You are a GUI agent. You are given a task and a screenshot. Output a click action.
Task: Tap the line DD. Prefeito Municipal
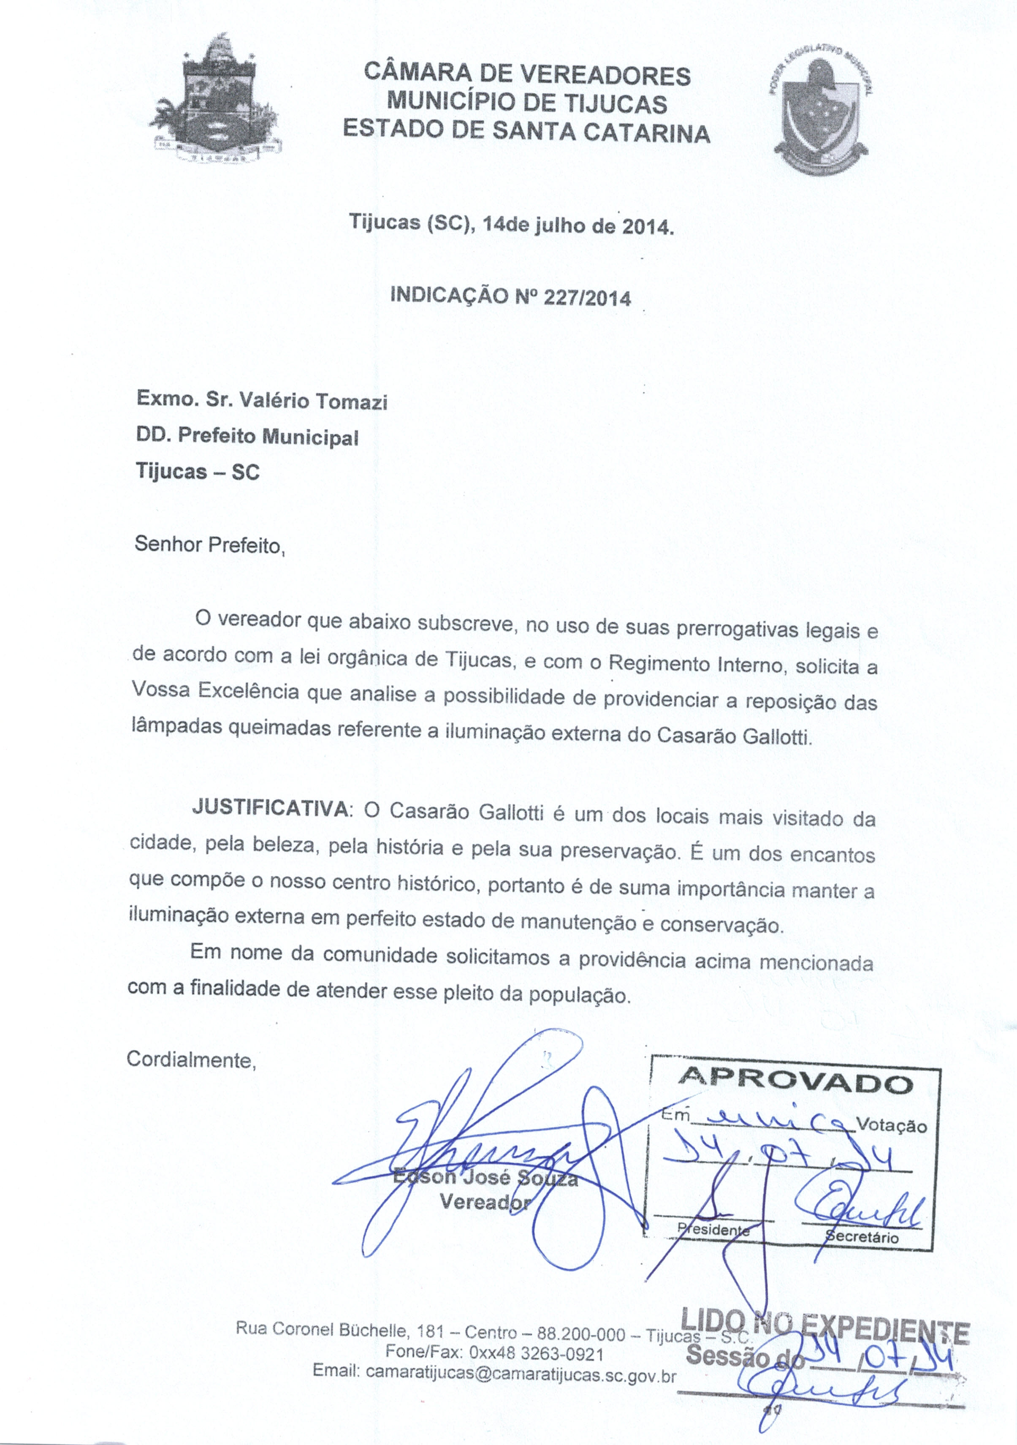click(x=247, y=436)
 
